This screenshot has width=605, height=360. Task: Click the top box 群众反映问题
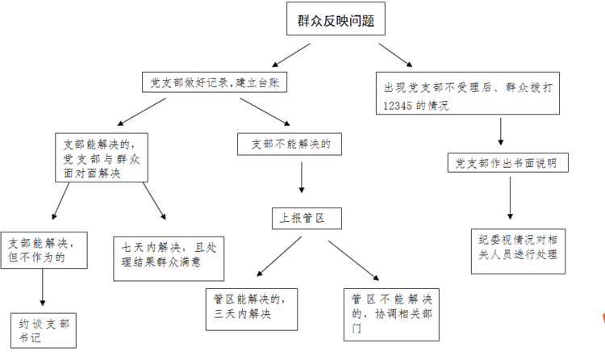point(336,19)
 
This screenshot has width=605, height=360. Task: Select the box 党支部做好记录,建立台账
point(215,82)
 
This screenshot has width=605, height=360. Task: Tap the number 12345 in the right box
point(398,106)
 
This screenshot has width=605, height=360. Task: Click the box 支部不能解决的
point(290,144)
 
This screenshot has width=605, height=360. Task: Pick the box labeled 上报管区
point(307,219)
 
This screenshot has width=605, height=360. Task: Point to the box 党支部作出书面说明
point(507,162)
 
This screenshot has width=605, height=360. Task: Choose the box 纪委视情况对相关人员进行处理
point(518,252)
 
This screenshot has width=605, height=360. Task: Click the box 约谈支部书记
point(44,331)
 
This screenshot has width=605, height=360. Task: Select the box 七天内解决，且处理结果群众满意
point(169,259)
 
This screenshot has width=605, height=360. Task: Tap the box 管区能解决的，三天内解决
point(252,309)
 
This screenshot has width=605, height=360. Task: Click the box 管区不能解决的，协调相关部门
point(391,315)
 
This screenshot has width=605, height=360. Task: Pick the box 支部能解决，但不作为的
point(44,250)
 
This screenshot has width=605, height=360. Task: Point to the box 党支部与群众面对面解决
point(102,157)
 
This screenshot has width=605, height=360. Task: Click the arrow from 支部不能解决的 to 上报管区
point(302,178)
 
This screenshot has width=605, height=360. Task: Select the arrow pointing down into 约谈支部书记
point(43,287)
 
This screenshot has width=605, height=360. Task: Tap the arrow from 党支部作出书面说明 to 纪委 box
point(510,198)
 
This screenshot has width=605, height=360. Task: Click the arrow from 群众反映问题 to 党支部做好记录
point(291,55)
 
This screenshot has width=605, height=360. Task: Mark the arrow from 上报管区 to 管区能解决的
point(279,257)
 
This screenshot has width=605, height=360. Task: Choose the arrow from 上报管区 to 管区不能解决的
point(354,261)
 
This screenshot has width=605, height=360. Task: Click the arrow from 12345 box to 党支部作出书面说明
point(501,132)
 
